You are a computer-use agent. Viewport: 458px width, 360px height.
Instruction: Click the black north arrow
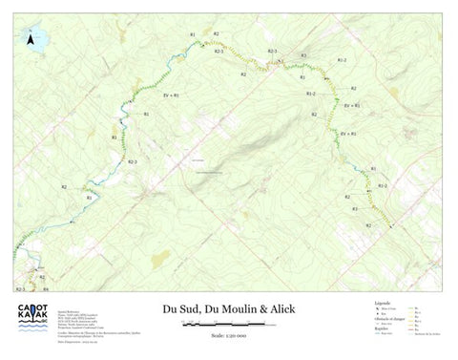[x=31, y=40]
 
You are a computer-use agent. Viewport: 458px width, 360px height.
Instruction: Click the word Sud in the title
[x=193, y=308]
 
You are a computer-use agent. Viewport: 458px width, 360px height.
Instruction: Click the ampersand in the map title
[x=263, y=308]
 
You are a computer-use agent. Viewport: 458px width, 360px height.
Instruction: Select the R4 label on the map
[x=45, y=287]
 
